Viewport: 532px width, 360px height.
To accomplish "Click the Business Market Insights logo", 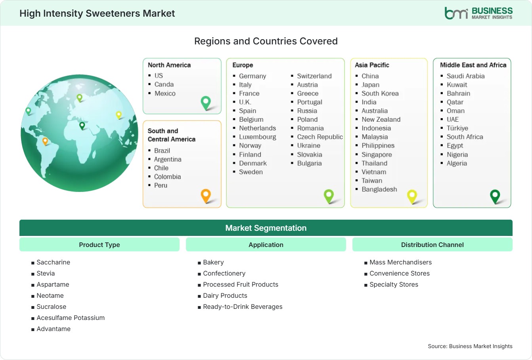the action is (478, 13).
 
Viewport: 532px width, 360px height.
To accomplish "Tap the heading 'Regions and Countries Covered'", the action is (266, 41).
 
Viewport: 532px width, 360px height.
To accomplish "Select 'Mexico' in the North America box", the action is (165, 93).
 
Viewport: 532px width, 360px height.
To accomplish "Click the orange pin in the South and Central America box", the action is (206, 196).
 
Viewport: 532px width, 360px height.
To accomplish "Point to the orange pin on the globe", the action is (45, 141).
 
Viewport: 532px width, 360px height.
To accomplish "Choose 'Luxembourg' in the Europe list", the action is (257, 137).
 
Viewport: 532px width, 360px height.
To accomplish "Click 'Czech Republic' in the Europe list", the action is (320, 137).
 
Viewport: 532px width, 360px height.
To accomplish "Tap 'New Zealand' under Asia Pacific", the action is (381, 119).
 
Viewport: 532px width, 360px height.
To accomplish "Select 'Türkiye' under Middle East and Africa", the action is (457, 128).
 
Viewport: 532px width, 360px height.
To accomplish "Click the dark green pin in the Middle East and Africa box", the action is (495, 196).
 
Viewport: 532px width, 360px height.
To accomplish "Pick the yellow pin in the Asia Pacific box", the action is (412, 196).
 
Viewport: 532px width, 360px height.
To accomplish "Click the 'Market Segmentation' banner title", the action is (266, 228).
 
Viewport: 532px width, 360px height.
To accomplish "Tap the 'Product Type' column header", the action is (99, 245).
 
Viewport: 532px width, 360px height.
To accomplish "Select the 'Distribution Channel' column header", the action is (432, 245).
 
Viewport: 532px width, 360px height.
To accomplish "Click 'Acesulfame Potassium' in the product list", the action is (71, 318).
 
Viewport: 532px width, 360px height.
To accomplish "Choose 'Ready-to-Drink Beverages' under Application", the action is (243, 306).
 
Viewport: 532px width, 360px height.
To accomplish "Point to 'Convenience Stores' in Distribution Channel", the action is (400, 273).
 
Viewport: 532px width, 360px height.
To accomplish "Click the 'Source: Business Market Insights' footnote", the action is (470, 346).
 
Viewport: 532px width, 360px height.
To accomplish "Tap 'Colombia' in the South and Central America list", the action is (167, 177).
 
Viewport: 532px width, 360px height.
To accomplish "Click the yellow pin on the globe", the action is (119, 115).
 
